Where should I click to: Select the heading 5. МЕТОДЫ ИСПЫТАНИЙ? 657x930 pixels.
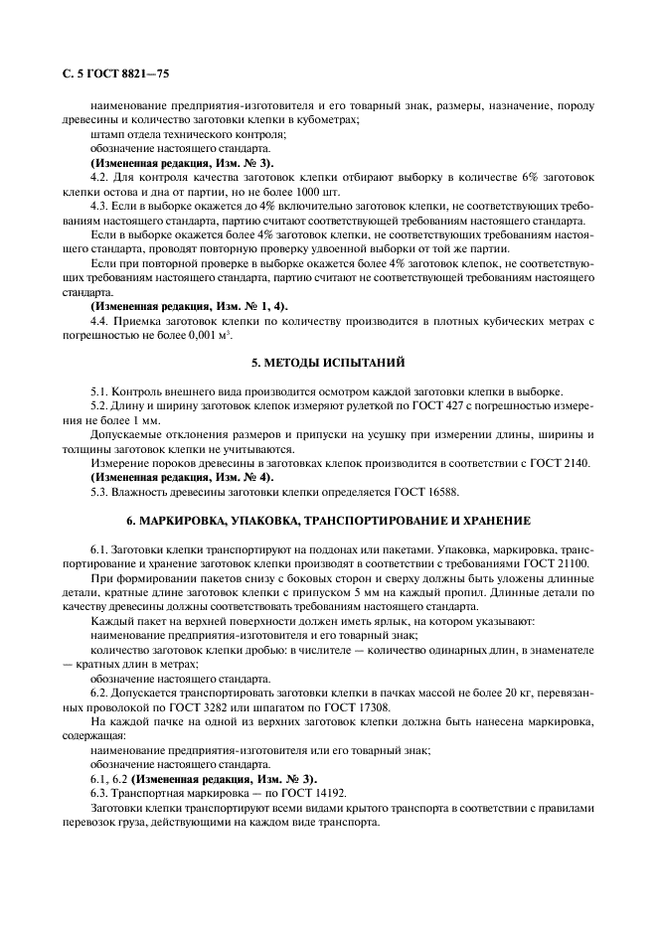click(x=328, y=361)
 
